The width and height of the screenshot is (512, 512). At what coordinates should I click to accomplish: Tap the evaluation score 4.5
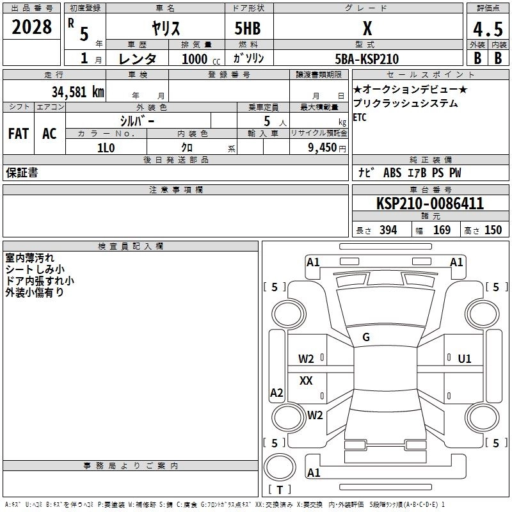[x=487, y=29]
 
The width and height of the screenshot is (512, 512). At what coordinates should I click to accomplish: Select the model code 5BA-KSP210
[x=367, y=59]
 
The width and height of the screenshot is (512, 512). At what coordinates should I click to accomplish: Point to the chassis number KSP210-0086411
[x=429, y=204]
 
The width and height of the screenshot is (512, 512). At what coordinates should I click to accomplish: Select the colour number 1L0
[x=106, y=147]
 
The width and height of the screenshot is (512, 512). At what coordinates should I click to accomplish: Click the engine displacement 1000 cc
[x=202, y=59]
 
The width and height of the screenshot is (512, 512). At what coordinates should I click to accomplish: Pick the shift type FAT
[x=19, y=133]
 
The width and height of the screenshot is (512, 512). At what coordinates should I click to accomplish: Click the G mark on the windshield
[x=366, y=337]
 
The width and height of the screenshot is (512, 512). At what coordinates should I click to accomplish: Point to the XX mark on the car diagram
[x=306, y=381]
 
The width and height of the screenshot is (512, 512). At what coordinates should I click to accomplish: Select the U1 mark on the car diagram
[x=465, y=358]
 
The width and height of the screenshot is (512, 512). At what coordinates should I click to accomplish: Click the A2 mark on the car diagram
[x=276, y=393]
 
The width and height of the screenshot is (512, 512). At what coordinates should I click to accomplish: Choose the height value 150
[x=493, y=230]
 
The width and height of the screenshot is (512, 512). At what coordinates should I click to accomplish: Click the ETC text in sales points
[x=360, y=117]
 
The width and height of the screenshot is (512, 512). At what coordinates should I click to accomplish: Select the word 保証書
[x=22, y=173]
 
